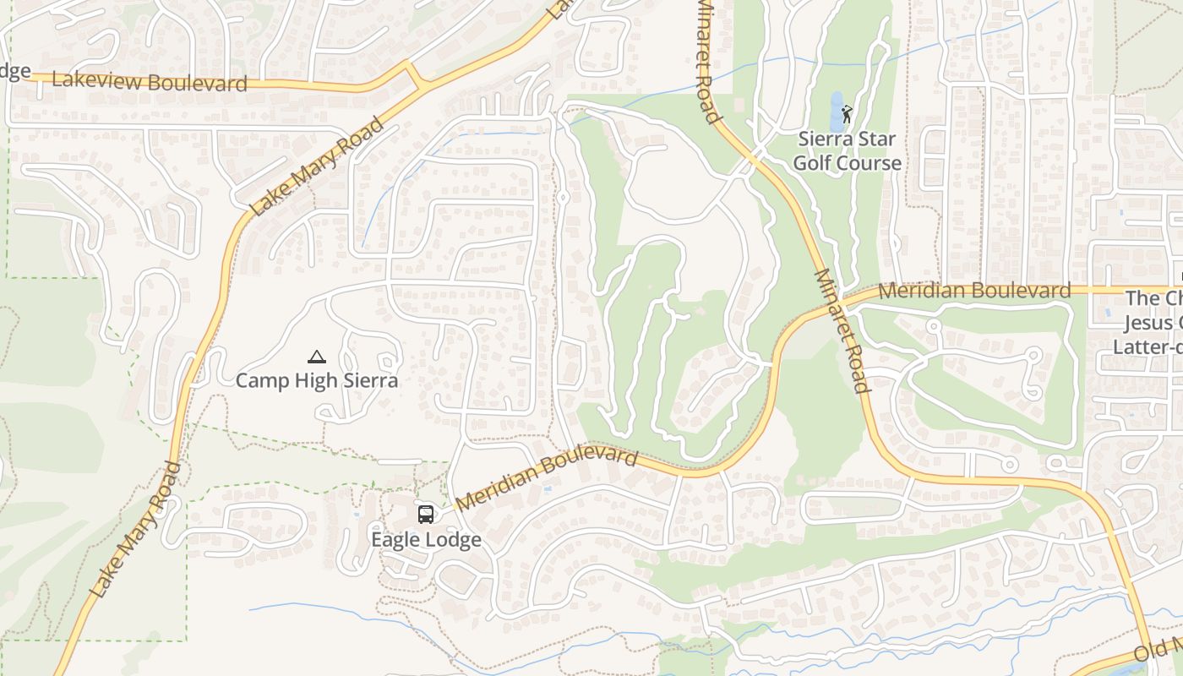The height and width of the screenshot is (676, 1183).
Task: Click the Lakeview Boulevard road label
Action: [x=150, y=82]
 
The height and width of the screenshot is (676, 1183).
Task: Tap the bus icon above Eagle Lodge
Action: [x=426, y=514]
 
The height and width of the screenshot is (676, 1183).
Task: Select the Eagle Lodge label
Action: [x=426, y=539]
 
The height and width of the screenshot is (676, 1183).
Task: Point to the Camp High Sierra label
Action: [x=316, y=380]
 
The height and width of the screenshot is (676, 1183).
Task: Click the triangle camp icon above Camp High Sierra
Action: [x=316, y=357]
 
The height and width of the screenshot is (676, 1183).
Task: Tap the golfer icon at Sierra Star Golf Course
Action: [x=848, y=113]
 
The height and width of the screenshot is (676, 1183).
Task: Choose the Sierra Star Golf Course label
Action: [x=847, y=150]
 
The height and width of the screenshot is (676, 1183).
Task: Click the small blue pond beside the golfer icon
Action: [x=837, y=112]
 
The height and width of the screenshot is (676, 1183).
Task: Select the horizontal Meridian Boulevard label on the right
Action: [x=974, y=291]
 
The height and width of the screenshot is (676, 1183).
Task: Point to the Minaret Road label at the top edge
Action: [x=708, y=59]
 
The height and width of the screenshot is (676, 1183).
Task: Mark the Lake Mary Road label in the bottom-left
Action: [x=136, y=530]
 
